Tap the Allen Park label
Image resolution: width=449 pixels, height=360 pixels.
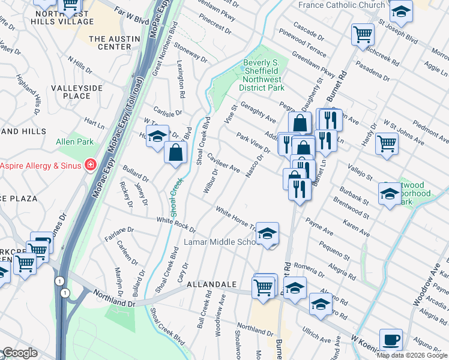[74, 142]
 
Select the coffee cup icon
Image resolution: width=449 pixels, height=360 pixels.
[391, 340]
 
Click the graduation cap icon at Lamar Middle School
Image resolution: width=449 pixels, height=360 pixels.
[268, 233]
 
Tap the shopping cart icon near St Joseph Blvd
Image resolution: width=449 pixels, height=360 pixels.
[363, 34]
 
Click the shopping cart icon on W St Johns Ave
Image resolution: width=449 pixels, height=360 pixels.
[387, 143]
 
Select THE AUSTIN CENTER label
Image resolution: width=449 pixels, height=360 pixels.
[114, 43]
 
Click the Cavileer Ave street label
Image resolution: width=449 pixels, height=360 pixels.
[223, 161]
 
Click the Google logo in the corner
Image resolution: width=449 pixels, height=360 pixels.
[20, 353]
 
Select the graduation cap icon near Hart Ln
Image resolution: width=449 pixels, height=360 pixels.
[157, 136]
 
